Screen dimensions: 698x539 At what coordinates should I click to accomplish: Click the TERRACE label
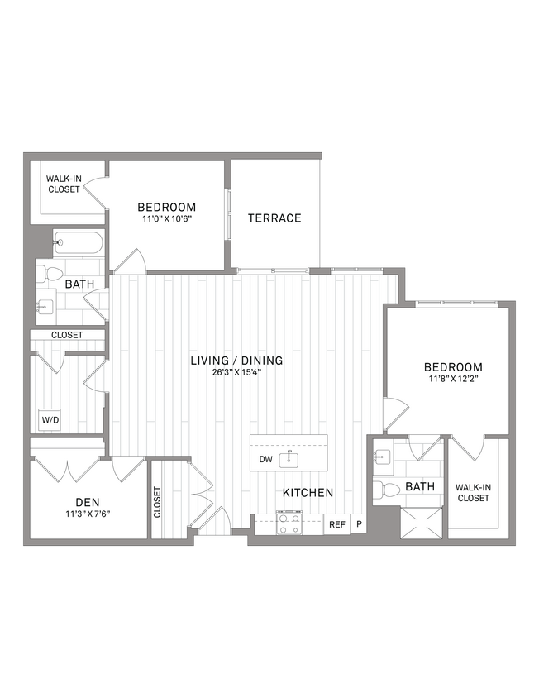point(274,218)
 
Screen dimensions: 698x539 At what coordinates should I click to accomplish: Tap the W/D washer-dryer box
point(50,420)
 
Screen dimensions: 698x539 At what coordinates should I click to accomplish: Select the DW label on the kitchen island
point(265,459)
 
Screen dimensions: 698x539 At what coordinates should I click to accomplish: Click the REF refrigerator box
point(337,524)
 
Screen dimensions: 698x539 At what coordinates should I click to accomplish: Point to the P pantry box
point(359,524)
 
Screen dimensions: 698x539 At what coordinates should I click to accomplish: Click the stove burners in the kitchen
point(289,524)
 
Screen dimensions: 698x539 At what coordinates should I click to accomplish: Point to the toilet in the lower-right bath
point(382,490)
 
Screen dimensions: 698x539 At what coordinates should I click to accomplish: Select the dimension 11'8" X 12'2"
point(453,380)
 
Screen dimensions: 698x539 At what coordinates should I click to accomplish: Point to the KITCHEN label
point(308,493)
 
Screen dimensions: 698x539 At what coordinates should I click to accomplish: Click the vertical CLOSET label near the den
point(158,502)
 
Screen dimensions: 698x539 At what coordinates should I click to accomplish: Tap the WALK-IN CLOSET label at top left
point(63,184)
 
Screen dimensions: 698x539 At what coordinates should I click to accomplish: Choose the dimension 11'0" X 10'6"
point(166,219)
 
